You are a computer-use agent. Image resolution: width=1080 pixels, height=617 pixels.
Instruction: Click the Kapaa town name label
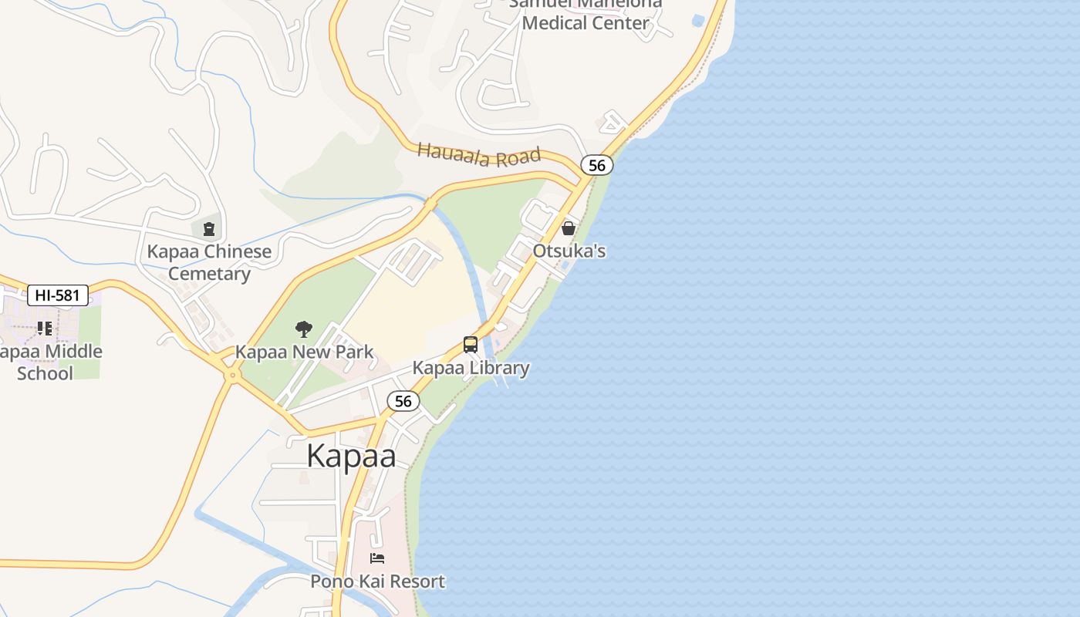click(351, 456)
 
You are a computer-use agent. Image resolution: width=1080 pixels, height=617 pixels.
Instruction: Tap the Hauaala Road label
click(478, 154)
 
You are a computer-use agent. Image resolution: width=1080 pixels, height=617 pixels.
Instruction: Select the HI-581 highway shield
click(58, 295)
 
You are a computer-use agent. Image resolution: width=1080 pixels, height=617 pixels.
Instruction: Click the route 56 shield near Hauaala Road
click(596, 165)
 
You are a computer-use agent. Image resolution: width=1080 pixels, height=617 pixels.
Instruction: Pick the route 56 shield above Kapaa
click(403, 401)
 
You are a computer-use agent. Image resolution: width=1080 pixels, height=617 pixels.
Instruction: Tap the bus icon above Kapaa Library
click(471, 345)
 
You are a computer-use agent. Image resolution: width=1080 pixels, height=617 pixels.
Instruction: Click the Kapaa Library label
click(471, 368)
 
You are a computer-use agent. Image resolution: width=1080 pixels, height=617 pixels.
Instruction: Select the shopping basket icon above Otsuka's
click(569, 228)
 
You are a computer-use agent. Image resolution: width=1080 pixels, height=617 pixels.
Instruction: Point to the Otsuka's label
click(569, 251)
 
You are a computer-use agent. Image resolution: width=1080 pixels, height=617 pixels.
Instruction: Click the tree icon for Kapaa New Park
click(304, 329)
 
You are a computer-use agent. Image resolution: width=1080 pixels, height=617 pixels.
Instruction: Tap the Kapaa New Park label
click(304, 352)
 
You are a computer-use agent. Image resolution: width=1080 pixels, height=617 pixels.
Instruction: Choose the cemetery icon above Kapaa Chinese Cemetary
click(209, 228)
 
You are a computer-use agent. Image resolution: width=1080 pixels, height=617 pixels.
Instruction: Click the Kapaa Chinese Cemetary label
click(209, 262)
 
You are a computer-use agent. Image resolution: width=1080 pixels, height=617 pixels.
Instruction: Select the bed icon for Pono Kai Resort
click(377, 558)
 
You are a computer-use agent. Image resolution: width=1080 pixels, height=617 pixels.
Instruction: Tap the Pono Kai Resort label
click(377, 582)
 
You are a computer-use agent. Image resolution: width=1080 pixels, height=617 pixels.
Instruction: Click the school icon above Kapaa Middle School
click(45, 329)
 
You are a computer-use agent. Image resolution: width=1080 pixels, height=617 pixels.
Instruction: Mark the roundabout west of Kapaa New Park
click(231, 376)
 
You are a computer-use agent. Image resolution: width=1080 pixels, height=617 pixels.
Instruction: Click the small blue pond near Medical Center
click(698, 19)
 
